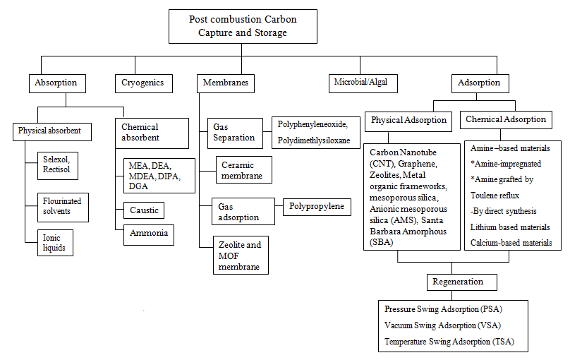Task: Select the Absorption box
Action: [x=56, y=83]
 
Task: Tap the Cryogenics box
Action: [x=143, y=83]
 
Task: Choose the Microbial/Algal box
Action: [x=360, y=83]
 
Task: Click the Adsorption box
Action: [x=479, y=83]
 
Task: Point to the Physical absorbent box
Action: [x=50, y=131]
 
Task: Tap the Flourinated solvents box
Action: [x=62, y=206]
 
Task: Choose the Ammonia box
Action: [x=148, y=234]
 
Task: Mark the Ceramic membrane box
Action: [x=241, y=170]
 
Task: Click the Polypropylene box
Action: [x=317, y=207]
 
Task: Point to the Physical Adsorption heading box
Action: [x=409, y=120]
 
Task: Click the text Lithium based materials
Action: [x=510, y=227]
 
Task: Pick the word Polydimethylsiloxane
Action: [x=313, y=140]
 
